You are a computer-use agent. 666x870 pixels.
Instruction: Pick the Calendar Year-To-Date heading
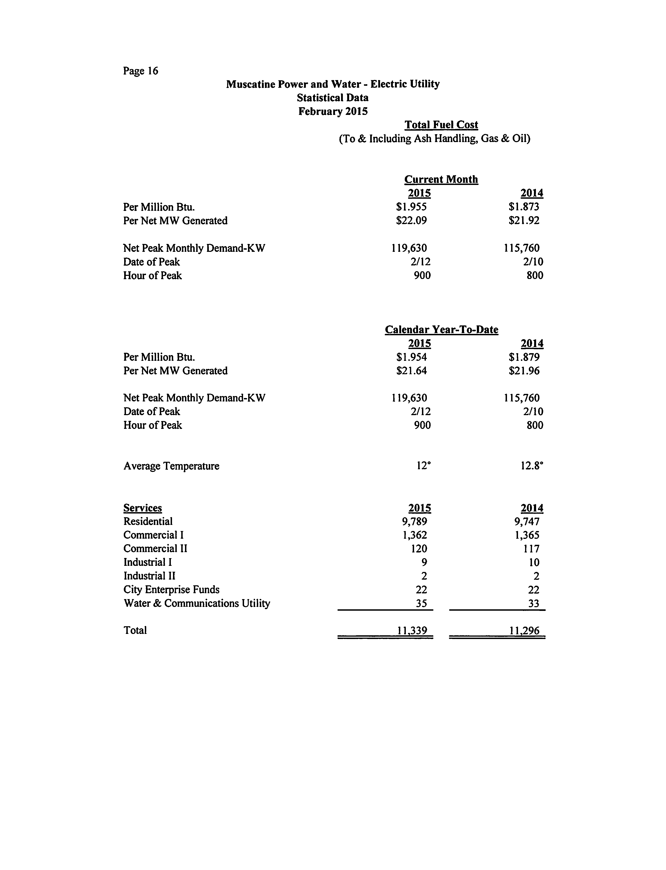point(441,330)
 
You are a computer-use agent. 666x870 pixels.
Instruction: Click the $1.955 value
point(412,207)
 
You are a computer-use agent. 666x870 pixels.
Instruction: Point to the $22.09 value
point(412,220)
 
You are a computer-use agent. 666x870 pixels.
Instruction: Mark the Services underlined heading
point(143,508)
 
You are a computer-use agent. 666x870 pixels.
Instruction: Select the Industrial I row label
point(147,562)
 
